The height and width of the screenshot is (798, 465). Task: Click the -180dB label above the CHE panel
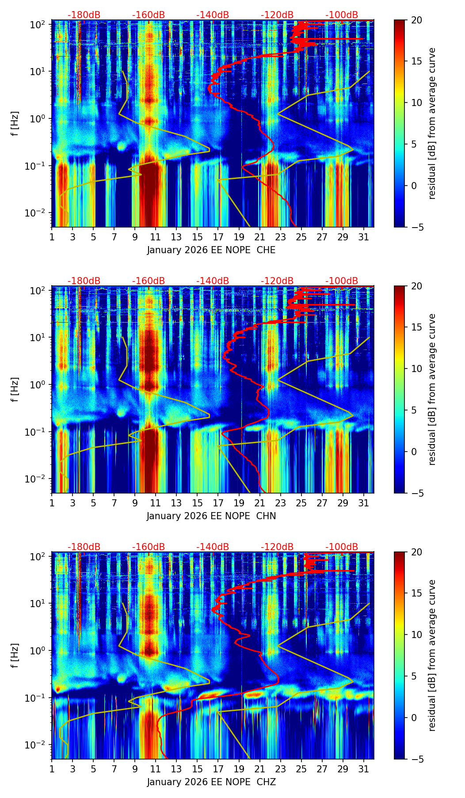point(84,15)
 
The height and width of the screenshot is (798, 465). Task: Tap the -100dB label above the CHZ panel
point(342,547)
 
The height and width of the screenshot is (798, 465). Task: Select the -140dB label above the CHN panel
point(213,281)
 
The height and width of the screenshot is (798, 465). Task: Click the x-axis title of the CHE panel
point(211,250)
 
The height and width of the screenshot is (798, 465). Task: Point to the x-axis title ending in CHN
point(211,516)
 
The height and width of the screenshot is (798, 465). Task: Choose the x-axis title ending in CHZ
point(211,782)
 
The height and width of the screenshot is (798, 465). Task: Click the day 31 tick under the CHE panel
point(363,236)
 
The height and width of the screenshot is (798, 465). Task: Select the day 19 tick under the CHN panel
point(239,502)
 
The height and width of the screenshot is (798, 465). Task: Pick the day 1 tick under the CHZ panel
point(52,768)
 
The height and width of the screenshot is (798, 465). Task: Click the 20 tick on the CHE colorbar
point(416,20)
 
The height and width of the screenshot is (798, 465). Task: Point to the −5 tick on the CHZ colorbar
point(416,759)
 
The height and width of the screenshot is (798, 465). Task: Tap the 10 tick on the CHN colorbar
point(416,369)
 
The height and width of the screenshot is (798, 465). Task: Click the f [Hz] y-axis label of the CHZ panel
point(15,655)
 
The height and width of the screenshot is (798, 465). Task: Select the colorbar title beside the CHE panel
point(432,123)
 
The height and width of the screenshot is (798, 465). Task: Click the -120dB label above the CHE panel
point(277,15)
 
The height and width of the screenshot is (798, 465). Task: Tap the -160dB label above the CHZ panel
point(149,547)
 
